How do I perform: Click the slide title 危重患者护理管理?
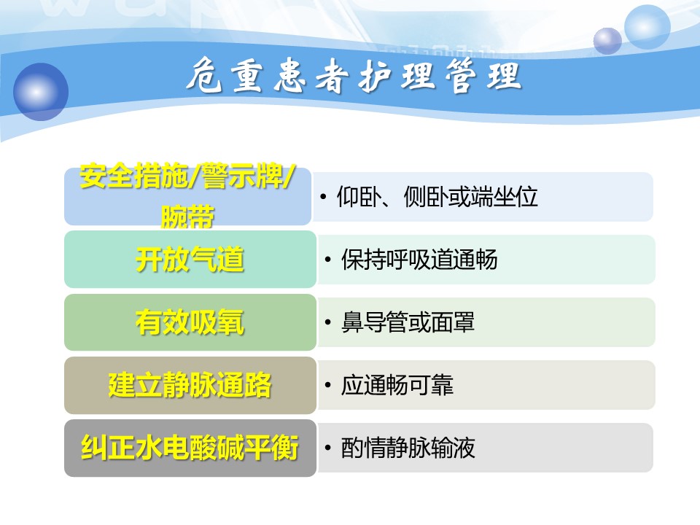[354, 75]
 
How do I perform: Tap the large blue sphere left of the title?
[41, 92]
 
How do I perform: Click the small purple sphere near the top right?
[607, 41]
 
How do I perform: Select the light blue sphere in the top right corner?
[647, 27]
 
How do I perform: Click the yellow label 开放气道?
[190, 260]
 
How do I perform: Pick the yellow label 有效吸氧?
[190, 322]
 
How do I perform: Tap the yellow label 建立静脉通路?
[190, 385]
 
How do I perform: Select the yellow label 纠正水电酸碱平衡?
[190, 448]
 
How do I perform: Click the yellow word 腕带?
[187, 217]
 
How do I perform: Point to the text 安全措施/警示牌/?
[187, 176]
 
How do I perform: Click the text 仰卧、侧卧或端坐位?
[437, 197]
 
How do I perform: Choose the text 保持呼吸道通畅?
[419, 260]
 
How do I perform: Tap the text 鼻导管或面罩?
[408, 322]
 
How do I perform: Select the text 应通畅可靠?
[397, 385]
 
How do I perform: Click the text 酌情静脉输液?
[408, 448]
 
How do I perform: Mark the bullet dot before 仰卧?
[323, 197]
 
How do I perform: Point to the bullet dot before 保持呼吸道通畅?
[328, 260]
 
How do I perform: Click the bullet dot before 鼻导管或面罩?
[328, 322]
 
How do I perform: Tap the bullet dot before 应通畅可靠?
[328, 385]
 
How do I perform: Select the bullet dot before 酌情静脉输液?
[328, 448]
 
